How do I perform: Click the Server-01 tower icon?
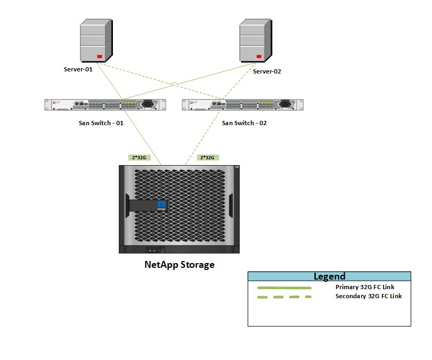click(96, 41)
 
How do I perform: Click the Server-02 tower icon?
click(256, 41)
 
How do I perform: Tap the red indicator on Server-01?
click(100, 56)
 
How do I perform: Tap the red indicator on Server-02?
click(259, 56)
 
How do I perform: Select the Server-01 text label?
click(78, 69)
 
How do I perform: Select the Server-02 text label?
click(267, 71)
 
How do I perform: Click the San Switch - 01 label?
click(101, 123)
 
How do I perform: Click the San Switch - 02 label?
click(244, 123)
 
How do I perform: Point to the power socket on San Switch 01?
click(148, 104)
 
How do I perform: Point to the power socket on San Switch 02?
click(285, 104)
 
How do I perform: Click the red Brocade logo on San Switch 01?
click(54, 102)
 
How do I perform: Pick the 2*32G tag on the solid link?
click(139, 158)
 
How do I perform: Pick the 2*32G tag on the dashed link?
click(207, 158)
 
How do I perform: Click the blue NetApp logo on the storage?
click(161, 204)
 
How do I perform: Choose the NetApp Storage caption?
click(180, 265)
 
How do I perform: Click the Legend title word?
click(330, 276)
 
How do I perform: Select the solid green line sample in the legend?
click(284, 288)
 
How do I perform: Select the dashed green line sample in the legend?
click(284, 297)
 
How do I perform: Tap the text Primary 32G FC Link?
click(365, 287)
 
